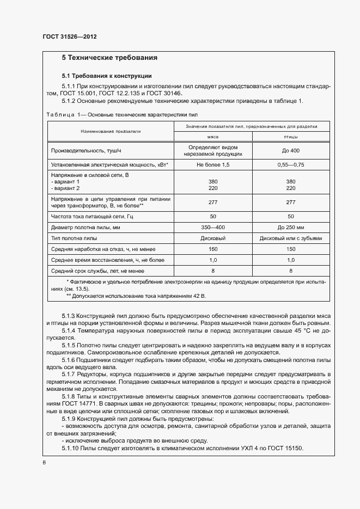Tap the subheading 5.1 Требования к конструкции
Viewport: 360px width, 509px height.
[x=106, y=76]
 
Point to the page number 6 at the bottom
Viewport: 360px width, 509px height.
[x=44, y=462]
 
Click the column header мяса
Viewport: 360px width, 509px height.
[x=212, y=137]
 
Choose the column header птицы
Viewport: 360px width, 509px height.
[x=290, y=137]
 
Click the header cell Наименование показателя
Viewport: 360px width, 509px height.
[x=111, y=131]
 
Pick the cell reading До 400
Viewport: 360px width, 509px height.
[x=290, y=150]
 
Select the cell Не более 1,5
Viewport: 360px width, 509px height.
[x=212, y=164]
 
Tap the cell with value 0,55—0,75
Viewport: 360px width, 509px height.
[x=290, y=164]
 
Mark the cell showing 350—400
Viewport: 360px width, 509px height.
[x=212, y=226]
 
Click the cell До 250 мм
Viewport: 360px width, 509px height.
[x=290, y=226]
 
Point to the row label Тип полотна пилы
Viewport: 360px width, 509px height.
[x=74, y=238]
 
